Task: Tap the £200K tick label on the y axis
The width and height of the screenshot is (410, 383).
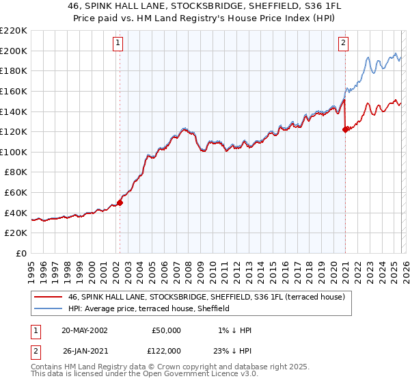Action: pyautogui.click(x=14, y=51)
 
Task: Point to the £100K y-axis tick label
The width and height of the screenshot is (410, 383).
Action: pyautogui.click(x=14, y=152)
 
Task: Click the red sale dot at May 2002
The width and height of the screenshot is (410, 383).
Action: pyautogui.click(x=120, y=202)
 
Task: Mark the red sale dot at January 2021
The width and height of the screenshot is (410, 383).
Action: pyautogui.click(x=345, y=130)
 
